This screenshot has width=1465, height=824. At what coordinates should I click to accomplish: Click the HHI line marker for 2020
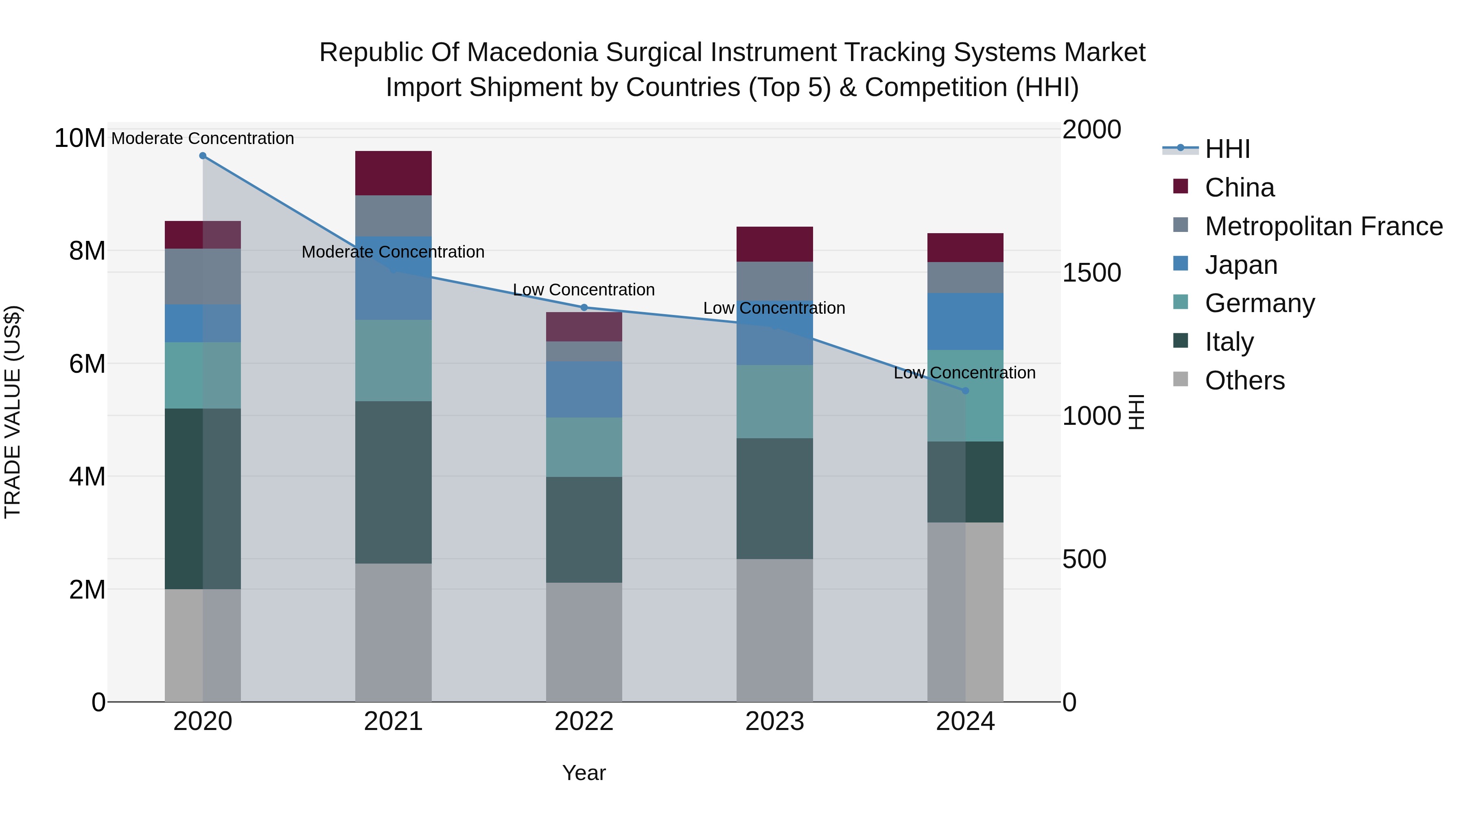point(203,156)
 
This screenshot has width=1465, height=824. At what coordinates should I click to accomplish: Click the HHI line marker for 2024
point(965,391)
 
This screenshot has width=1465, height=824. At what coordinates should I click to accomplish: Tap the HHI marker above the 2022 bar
point(584,308)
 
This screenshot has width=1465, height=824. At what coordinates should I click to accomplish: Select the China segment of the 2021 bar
point(393,173)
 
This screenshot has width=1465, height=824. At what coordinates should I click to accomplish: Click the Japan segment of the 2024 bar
point(965,321)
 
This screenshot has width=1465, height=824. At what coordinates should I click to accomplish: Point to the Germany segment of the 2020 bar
point(203,375)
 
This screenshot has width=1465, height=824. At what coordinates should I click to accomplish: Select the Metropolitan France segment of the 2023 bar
point(774,280)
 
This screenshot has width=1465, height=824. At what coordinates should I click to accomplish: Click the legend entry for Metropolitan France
point(1323,226)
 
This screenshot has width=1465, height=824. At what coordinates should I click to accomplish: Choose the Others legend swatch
point(1181,379)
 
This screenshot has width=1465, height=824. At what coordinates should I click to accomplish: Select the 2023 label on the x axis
point(774,721)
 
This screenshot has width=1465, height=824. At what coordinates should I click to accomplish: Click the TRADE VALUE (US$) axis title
point(13,412)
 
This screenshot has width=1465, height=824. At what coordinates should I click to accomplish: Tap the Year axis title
point(584,773)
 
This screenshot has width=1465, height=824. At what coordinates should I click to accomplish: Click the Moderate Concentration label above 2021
point(393,252)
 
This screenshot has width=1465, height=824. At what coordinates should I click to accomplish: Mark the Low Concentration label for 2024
point(964,373)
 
